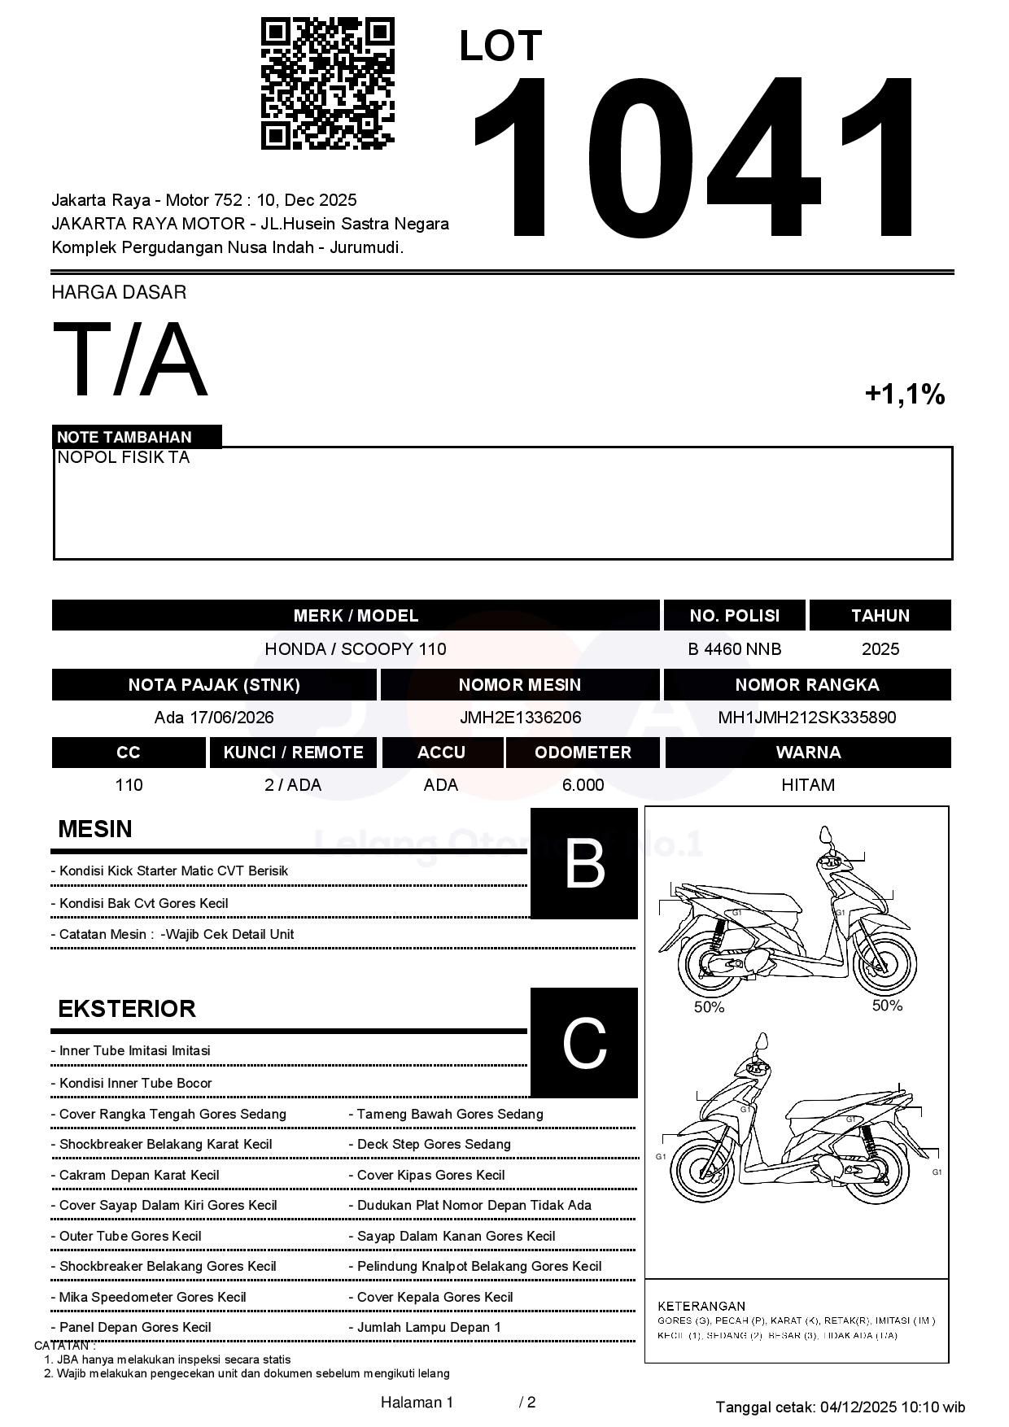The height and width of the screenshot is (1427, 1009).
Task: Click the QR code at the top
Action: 327,84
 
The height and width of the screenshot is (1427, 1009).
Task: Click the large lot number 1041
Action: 696,159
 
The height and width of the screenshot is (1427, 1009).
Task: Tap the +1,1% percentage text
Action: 904,395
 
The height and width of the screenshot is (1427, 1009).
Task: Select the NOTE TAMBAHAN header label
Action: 124,437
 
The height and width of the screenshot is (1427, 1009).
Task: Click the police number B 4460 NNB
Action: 734,649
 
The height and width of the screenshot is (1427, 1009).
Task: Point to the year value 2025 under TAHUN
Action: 880,649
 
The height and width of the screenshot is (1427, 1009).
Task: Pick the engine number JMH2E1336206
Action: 520,718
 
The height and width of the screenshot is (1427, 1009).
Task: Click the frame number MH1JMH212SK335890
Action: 806,718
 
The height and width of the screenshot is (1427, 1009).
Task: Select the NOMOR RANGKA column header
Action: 806,685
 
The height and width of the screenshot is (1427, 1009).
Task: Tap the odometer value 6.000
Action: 583,785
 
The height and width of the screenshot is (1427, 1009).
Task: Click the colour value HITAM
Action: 807,785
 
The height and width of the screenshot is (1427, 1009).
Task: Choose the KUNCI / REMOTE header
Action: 293,753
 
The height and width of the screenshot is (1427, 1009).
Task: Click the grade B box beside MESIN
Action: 583,864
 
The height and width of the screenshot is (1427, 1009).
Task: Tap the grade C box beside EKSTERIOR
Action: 583,1043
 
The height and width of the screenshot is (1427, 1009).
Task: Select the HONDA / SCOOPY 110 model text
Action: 356,649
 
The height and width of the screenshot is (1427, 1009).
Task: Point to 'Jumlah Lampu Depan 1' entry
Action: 429,1328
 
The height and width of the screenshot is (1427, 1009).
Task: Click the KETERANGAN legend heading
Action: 701,1306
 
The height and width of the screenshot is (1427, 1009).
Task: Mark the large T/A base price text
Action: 130,360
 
